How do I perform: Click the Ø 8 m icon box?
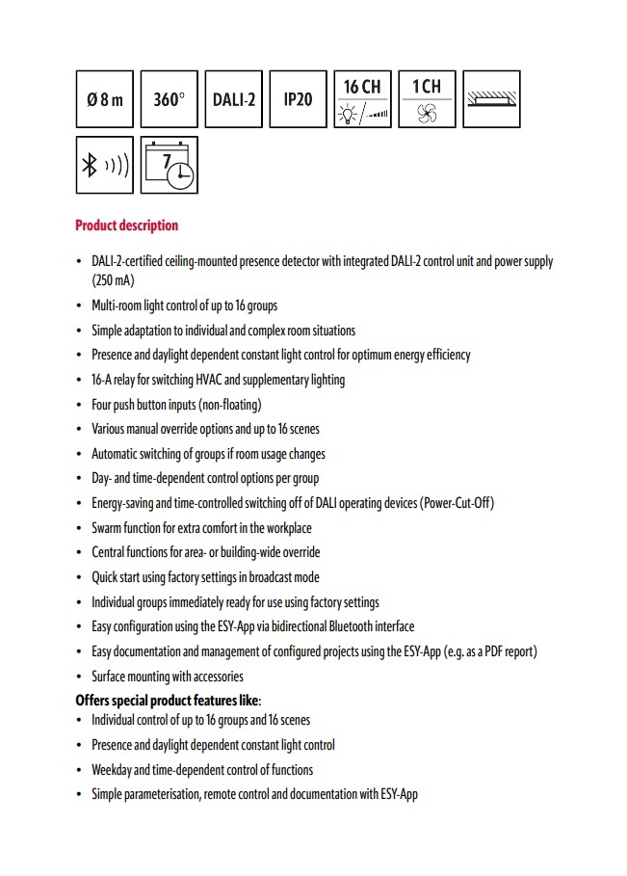[105, 98]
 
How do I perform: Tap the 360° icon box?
[170, 98]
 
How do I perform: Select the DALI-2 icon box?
[233, 98]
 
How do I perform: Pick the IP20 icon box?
[298, 98]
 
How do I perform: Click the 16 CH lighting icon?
[362, 98]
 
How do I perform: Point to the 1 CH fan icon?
[427, 98]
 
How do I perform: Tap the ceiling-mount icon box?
[491, 98]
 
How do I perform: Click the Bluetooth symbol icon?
[105, 165]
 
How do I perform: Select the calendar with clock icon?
[170, 165]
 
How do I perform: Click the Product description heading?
[127, 226]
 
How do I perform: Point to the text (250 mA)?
[113, 280]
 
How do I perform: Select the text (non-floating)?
[228, 405]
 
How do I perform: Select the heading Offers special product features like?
[169, 700]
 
